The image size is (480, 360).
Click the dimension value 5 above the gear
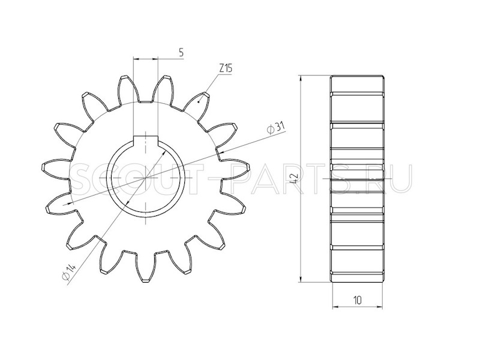click(x=181, y=52)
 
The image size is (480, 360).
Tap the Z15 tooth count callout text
click(x=226, y=68)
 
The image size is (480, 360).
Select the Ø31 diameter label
click(x=276, y=128)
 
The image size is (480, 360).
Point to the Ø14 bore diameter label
click(x=68, y=271)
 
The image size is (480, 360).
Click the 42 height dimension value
click(x=293, y=177)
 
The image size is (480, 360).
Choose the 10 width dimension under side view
click(x=357, y=299)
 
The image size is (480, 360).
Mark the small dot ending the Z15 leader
click(x=200, y=102)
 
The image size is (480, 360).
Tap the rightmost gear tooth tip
click(x=249, y=167)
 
